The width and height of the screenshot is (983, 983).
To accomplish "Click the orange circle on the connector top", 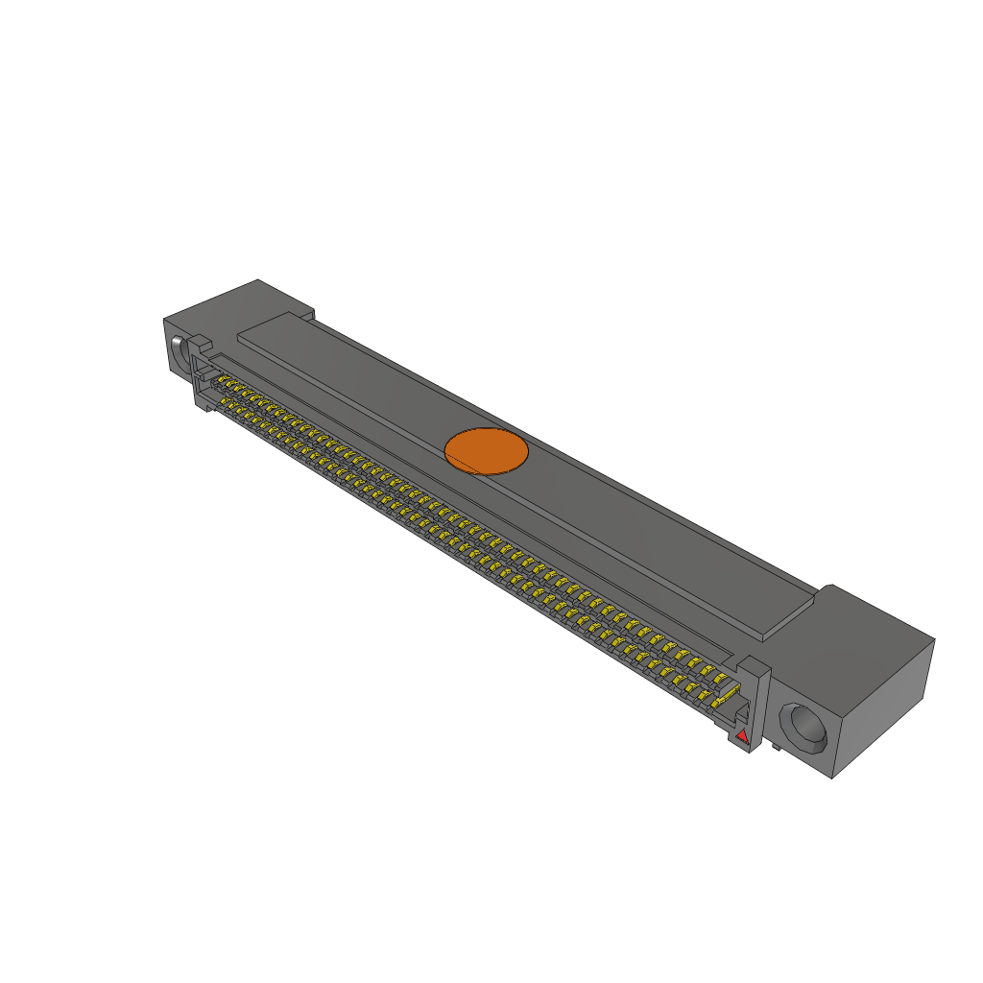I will click(487, 451).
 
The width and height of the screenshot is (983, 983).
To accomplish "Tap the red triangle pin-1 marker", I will click(741, 735).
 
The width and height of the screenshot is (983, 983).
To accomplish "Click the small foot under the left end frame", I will click(204, 407).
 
